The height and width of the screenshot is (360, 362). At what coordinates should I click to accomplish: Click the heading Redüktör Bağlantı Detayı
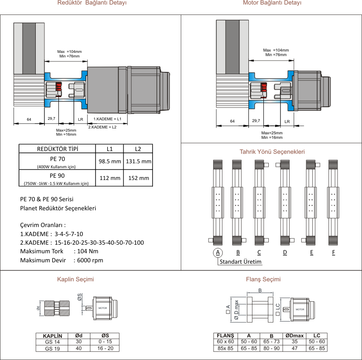(92, 3)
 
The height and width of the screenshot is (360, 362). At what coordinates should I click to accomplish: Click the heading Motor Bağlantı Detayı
(272, 3)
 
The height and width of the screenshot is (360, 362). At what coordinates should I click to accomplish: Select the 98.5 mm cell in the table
(110, 161)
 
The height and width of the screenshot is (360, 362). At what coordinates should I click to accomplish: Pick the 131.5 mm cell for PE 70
(138, 161)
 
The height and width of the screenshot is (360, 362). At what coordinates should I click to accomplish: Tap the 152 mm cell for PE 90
(138, 178)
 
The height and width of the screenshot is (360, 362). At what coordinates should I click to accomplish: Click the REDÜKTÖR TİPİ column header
(57, 149)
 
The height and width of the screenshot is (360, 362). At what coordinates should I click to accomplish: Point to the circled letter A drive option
(218, 252)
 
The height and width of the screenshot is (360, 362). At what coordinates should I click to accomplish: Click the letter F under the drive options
(333, 252)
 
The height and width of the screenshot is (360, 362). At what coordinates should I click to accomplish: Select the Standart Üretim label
(240, 261)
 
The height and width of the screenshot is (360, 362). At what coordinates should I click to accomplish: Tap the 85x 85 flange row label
(225, 348)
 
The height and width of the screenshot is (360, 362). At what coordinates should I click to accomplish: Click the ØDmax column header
(295, 336)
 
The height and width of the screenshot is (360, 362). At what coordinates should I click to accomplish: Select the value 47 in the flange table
(295, 348)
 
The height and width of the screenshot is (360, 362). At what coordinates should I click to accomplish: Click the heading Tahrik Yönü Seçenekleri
(271, 152)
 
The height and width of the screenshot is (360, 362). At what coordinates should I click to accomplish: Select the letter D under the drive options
(285, 252)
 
